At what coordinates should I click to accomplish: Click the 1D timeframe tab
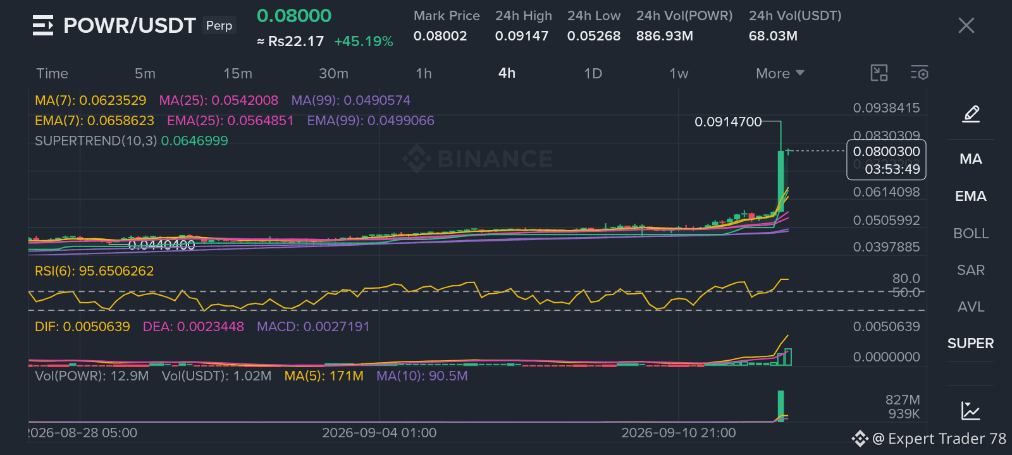(x=593, y=73)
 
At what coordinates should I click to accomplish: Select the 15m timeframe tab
(x=238, y=73)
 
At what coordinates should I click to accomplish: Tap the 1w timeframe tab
(x=679, y=73)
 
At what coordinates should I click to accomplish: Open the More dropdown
(x=780, y=73)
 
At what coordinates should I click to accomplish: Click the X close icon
(x=966, y=25)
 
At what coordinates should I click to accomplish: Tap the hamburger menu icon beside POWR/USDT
(x=44, y=25)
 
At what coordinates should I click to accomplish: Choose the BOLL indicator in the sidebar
(x=971, y=233)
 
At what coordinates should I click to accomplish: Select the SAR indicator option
(x=971, y=270)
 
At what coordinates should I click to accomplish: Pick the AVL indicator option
(x=971, y=307)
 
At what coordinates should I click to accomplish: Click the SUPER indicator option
(x=970, y=344)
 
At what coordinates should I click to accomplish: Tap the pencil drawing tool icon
(x=971, y=114)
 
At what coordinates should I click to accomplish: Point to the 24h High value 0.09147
(x=522, y=36)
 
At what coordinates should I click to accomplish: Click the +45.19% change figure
(x=364, y=42)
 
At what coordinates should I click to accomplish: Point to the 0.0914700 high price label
(x=728, y=122)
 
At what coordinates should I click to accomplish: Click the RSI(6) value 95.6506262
(x=116, y=271)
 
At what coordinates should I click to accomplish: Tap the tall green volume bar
(x=781, y=406)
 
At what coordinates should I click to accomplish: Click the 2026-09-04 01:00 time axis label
(x=379, y=433)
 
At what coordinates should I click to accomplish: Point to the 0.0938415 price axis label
(x=886, y=108)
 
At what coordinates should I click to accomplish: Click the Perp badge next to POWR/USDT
(x=219, y=25)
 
